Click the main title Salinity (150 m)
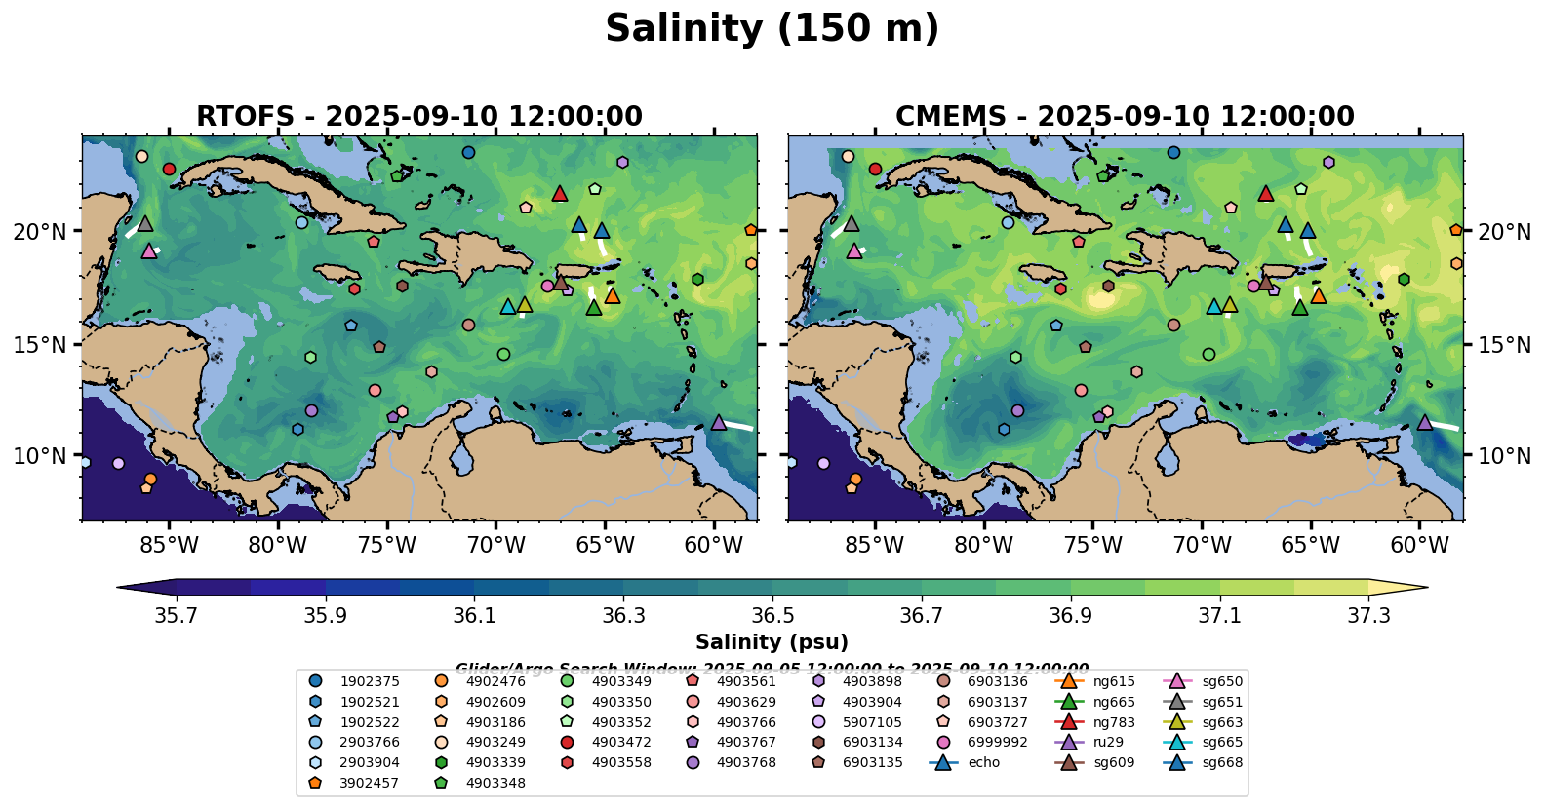point(772,29)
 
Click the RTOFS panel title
point(419,116)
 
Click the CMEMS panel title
point(1125,116)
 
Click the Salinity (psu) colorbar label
point(772,642)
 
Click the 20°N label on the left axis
point(40,232)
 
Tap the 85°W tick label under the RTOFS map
point(169,545)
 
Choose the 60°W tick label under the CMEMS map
point(1419,545)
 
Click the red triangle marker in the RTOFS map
point(560,194)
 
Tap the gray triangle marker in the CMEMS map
point(851,224)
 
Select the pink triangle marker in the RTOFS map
point(149,251)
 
